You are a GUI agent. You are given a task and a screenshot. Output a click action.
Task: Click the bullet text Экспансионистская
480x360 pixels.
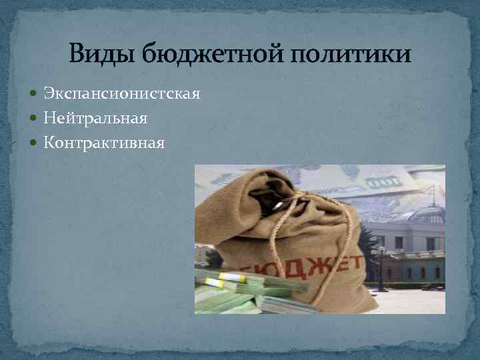click(x=121, y=94)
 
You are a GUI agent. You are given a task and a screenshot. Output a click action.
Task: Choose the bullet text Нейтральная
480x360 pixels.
click(x=95, y=118)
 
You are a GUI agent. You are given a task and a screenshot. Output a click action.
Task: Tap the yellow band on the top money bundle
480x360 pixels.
click(x=233, y=277)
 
